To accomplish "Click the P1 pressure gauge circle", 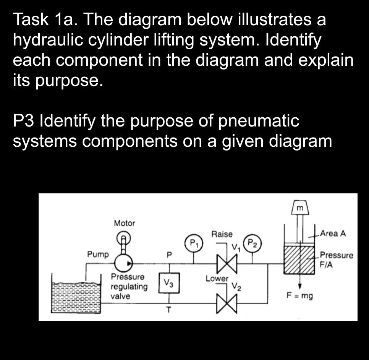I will [193, 243].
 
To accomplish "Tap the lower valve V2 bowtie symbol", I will [222, 304].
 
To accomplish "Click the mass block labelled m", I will [300, 208].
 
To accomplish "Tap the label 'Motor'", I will [125, 223].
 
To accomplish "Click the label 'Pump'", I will [98, 254].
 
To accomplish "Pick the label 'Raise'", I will [222, 234].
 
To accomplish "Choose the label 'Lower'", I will [217, 279].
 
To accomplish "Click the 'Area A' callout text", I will [333, 233].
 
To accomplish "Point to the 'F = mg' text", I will [300, 296].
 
